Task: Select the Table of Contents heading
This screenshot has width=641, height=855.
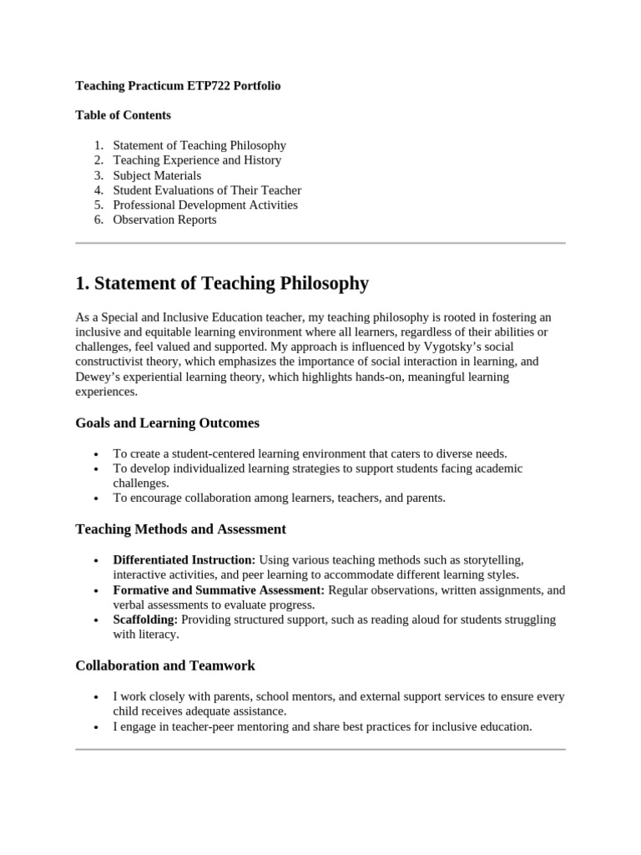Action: (123, 115)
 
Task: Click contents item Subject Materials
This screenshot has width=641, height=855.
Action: (157, 175)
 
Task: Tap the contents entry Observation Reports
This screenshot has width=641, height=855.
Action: (164, 220)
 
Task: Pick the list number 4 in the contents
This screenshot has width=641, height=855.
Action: (98, 190)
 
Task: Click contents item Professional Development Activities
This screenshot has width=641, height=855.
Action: (205, 205)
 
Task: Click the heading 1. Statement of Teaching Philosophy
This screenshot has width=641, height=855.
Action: (221, 283)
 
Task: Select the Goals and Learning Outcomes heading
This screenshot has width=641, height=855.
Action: (167, 422)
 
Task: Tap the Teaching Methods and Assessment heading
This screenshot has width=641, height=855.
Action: (180, 529)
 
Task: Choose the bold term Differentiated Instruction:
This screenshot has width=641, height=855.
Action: (184, 559)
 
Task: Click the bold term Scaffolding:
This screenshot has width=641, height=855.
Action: (145, 620)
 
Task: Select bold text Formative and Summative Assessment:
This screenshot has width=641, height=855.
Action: (219, 589)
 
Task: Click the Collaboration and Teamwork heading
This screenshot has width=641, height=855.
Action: (165, 665)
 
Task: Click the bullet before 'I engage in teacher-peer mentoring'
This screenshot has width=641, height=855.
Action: (98, 727)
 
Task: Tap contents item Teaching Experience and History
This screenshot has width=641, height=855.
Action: (197, 160)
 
